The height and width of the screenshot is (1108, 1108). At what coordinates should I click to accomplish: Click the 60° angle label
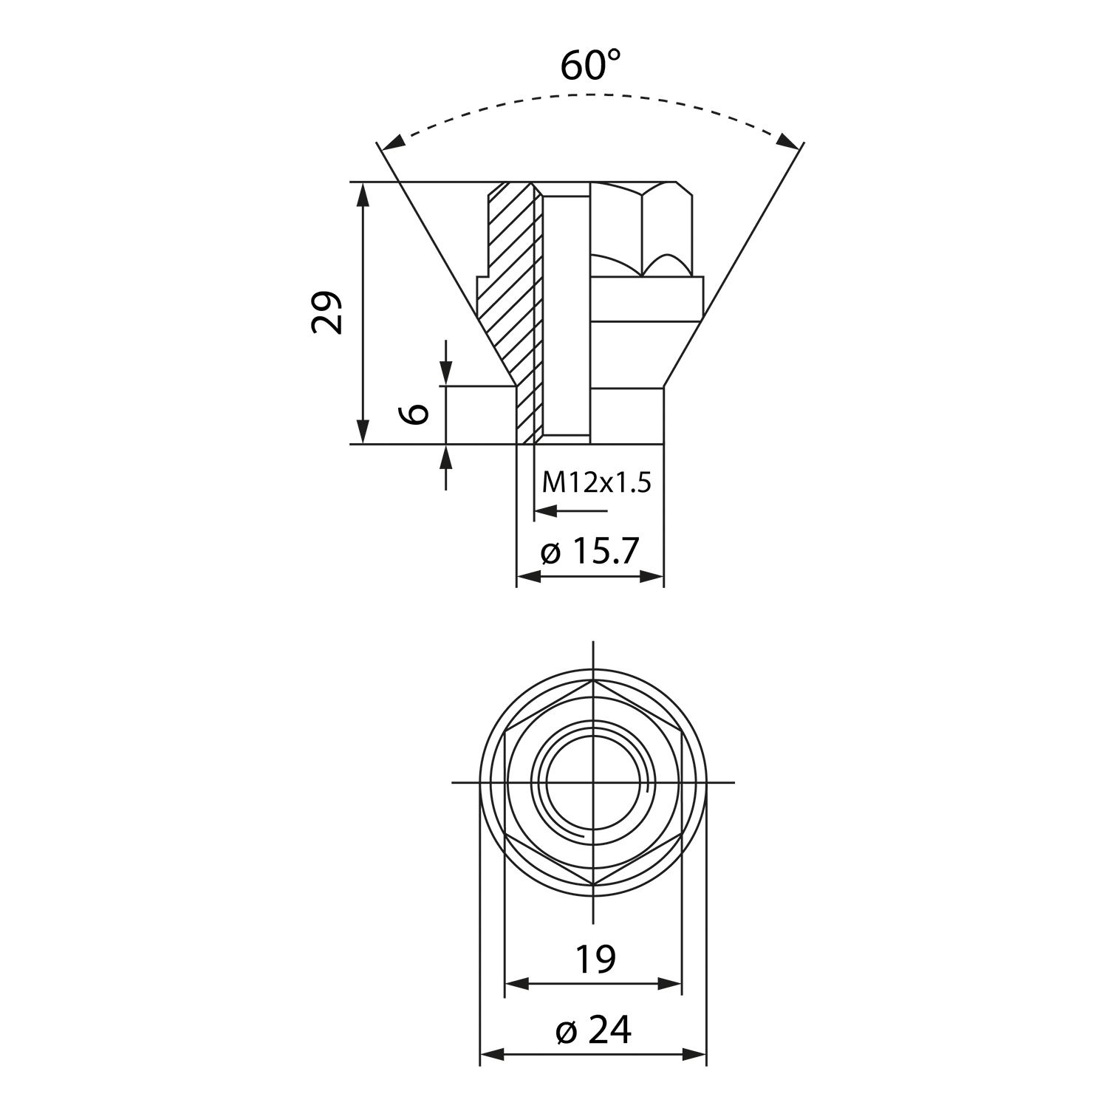tap(590, 65)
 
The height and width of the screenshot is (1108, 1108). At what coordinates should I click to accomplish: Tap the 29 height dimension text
tap(327, 312)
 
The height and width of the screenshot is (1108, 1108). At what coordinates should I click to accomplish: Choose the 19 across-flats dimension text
tap(595, 959)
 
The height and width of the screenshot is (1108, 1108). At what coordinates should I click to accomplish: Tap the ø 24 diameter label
tap(593, 1030)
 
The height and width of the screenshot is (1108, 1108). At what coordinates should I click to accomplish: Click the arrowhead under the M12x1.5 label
tap(545, 510)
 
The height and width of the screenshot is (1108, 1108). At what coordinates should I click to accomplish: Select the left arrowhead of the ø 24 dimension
tap(493, 1055)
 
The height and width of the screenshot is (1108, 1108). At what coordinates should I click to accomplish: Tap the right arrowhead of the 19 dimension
tap(668, 984)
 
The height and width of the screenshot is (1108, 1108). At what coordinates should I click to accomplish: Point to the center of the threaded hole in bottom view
tap(594, 782)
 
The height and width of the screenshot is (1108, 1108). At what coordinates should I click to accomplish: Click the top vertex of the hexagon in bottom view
tap(594, 680)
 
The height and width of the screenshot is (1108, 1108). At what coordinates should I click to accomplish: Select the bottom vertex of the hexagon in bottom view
tap(594, 886)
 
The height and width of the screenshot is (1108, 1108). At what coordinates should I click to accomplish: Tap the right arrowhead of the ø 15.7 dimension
tap(651, 577)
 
